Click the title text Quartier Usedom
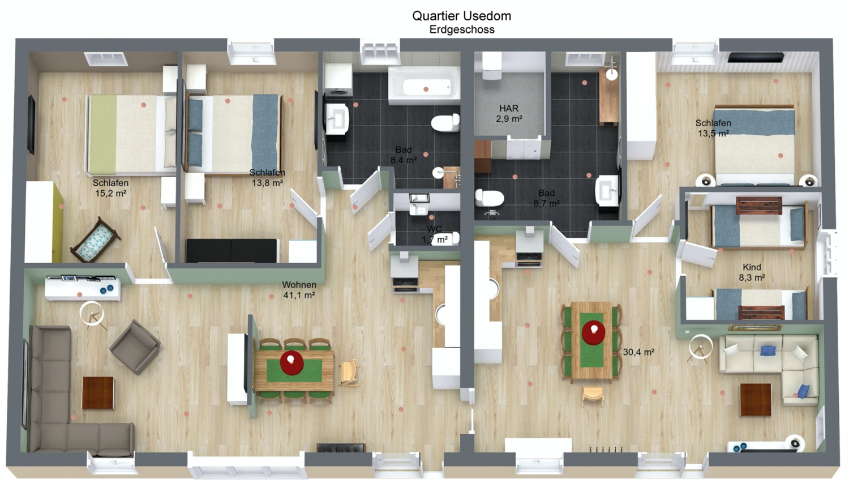[x=461, y=15]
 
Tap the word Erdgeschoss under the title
[x=462, y=29]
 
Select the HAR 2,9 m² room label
[x=509, y=113]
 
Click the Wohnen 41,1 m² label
[x=299, y=290]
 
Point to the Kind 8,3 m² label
[x=752, y=272]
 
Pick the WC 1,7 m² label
[x=434, y=234]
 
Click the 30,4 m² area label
[x=638, y=352]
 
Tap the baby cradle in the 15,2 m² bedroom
[x=95, y=240]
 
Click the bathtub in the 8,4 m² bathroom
[x=424, y=86]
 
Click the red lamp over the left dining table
[x=291, y=363]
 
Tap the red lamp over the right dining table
[x=593, y=332]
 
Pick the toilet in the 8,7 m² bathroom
[x=490, y=198]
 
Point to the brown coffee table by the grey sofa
[x=98, y=393]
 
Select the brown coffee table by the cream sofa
[x=756, y=400]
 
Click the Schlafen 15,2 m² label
[x=110, y=188]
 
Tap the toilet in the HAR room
[x=492, y=67]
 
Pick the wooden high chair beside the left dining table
[x=349, y=373]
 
